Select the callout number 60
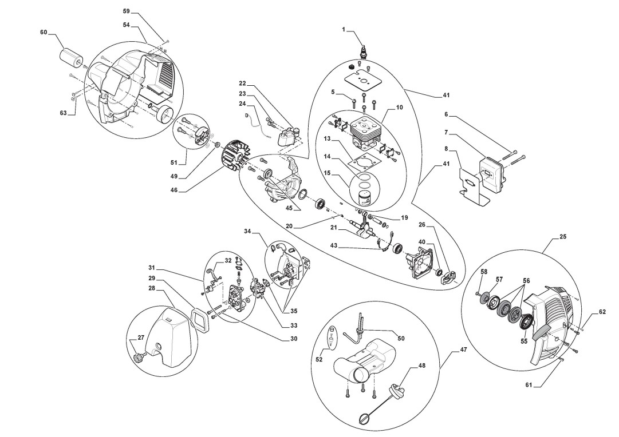tap(44, 33)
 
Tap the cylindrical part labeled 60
tap(71, 57)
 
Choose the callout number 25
tap(563, 236)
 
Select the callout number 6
tap(445, 114)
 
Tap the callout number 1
tap(344, 29)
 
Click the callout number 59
tap(127, 11)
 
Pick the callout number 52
tap(319, 360)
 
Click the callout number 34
tap(247, 232)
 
